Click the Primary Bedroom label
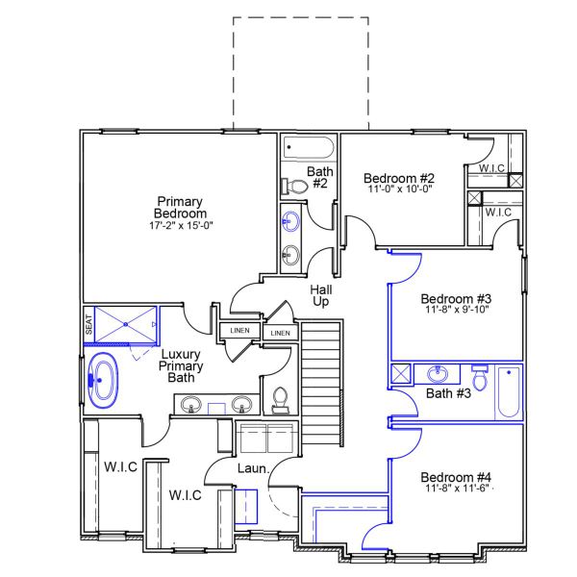[181, 207]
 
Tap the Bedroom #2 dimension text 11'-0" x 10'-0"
[399, 190]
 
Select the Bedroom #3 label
[457, 298]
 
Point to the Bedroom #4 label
[457, 477]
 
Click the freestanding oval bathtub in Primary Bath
[101, 376]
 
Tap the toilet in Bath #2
[291, 186]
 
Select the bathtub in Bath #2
[308, 149]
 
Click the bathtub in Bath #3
[507, 392]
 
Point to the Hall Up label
[320, 295]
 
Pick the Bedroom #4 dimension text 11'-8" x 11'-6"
[457, 489]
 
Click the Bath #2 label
[319, 178]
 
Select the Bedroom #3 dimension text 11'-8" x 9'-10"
[457, 311]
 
